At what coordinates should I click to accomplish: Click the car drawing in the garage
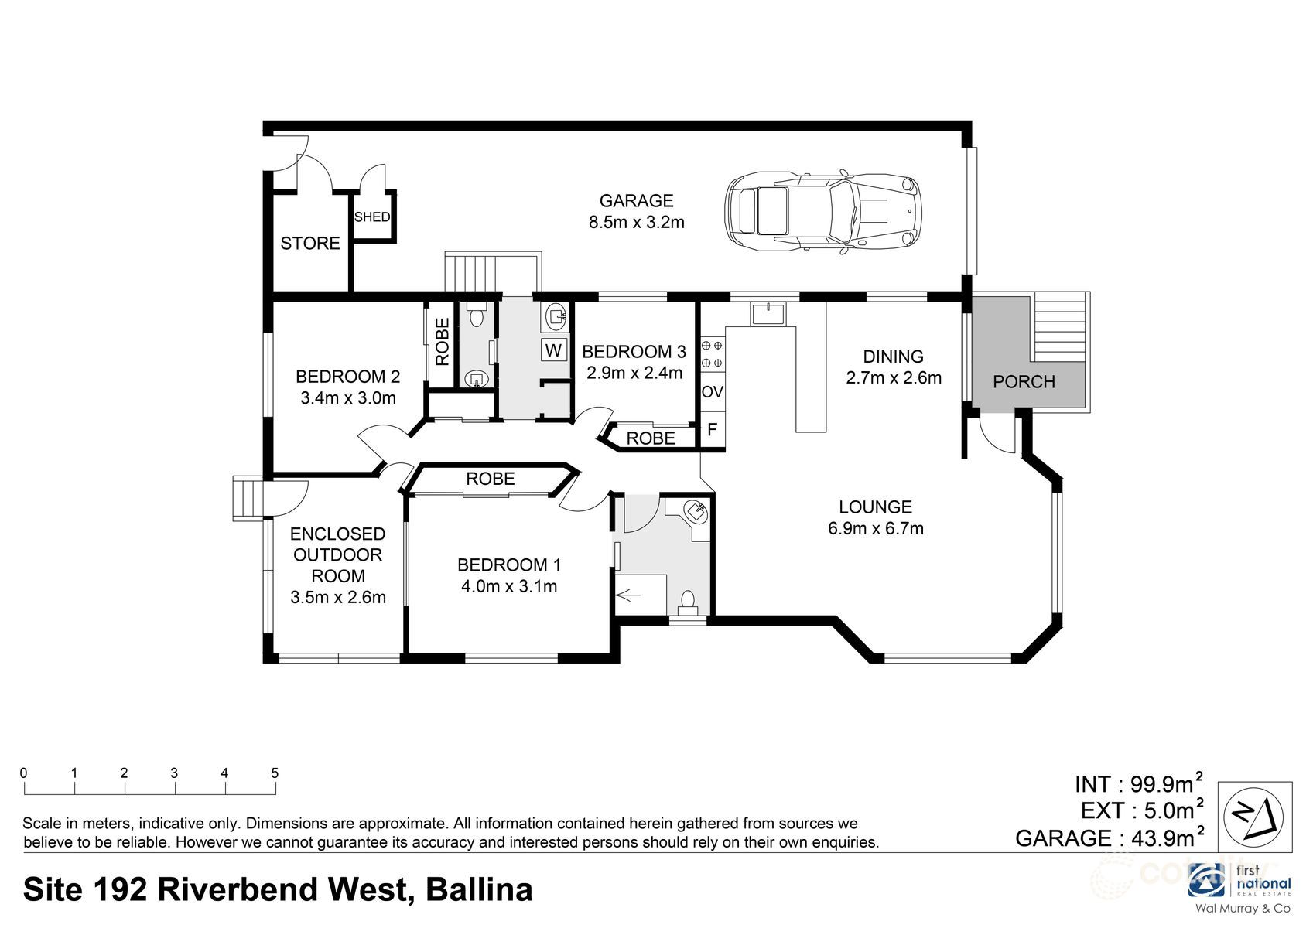(x=823, y=211)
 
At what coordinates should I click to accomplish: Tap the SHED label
(x=372, y=217)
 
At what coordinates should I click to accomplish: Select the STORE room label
(x=309, y=244)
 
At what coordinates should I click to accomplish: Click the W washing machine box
(x=553, y=350)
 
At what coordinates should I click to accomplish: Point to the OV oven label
(x=712, y=392)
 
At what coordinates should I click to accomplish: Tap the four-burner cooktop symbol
(x=712, y=353)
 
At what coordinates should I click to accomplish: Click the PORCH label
(x=1024, y=381)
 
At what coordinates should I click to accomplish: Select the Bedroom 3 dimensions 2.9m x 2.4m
(x=634, y=374)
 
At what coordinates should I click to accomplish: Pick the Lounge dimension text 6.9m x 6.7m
(x=875, y=529)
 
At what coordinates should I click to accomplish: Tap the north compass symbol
(x=1254, y=816)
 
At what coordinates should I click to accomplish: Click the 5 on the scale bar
(x=275, y=773)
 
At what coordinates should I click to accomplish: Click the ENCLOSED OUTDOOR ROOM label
(x=338, y=554)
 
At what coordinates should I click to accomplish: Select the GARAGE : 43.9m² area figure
(x=1109, y=838)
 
